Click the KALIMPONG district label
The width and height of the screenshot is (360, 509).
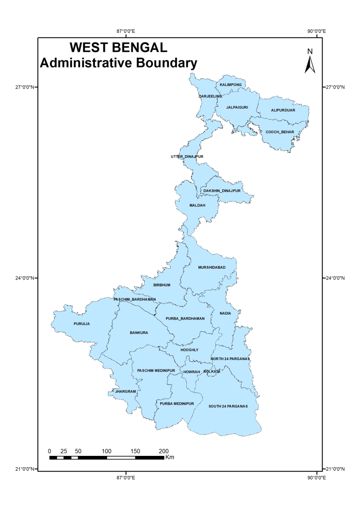(231, 85)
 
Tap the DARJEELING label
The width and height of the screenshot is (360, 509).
(210, 96)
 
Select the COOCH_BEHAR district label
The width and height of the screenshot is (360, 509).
(279, 132)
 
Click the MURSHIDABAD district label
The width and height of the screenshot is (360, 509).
(211, 267)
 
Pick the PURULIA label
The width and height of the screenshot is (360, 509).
(82, 324)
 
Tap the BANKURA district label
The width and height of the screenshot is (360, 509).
(139, 333)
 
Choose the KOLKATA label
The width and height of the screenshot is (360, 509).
(212, 372)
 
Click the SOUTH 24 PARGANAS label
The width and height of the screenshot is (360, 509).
(228, 406)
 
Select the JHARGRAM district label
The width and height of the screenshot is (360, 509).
(125, 392)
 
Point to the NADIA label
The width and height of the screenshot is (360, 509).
(225, 313)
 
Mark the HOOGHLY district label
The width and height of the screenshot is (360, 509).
(189, 350)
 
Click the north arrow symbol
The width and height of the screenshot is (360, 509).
(310, 64)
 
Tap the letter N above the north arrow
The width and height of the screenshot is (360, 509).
(310, 51)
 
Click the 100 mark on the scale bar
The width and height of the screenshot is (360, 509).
(107, 451)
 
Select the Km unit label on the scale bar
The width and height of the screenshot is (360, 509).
(170, 458)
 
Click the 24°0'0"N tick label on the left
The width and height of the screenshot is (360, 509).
(22, 278)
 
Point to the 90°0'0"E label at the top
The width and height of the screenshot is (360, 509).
(317, 32)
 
